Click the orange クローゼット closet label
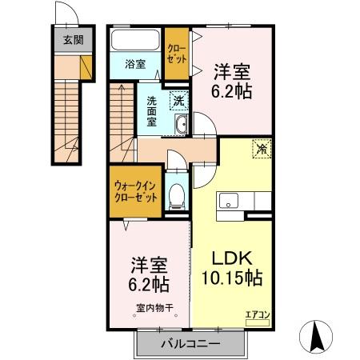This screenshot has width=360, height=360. point(177,54)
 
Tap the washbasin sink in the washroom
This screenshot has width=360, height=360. point(181,126)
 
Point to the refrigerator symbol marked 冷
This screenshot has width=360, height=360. point(262,148)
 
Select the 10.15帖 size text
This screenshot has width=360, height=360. point(231,279)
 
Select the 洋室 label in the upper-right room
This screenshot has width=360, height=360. point(233,72)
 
